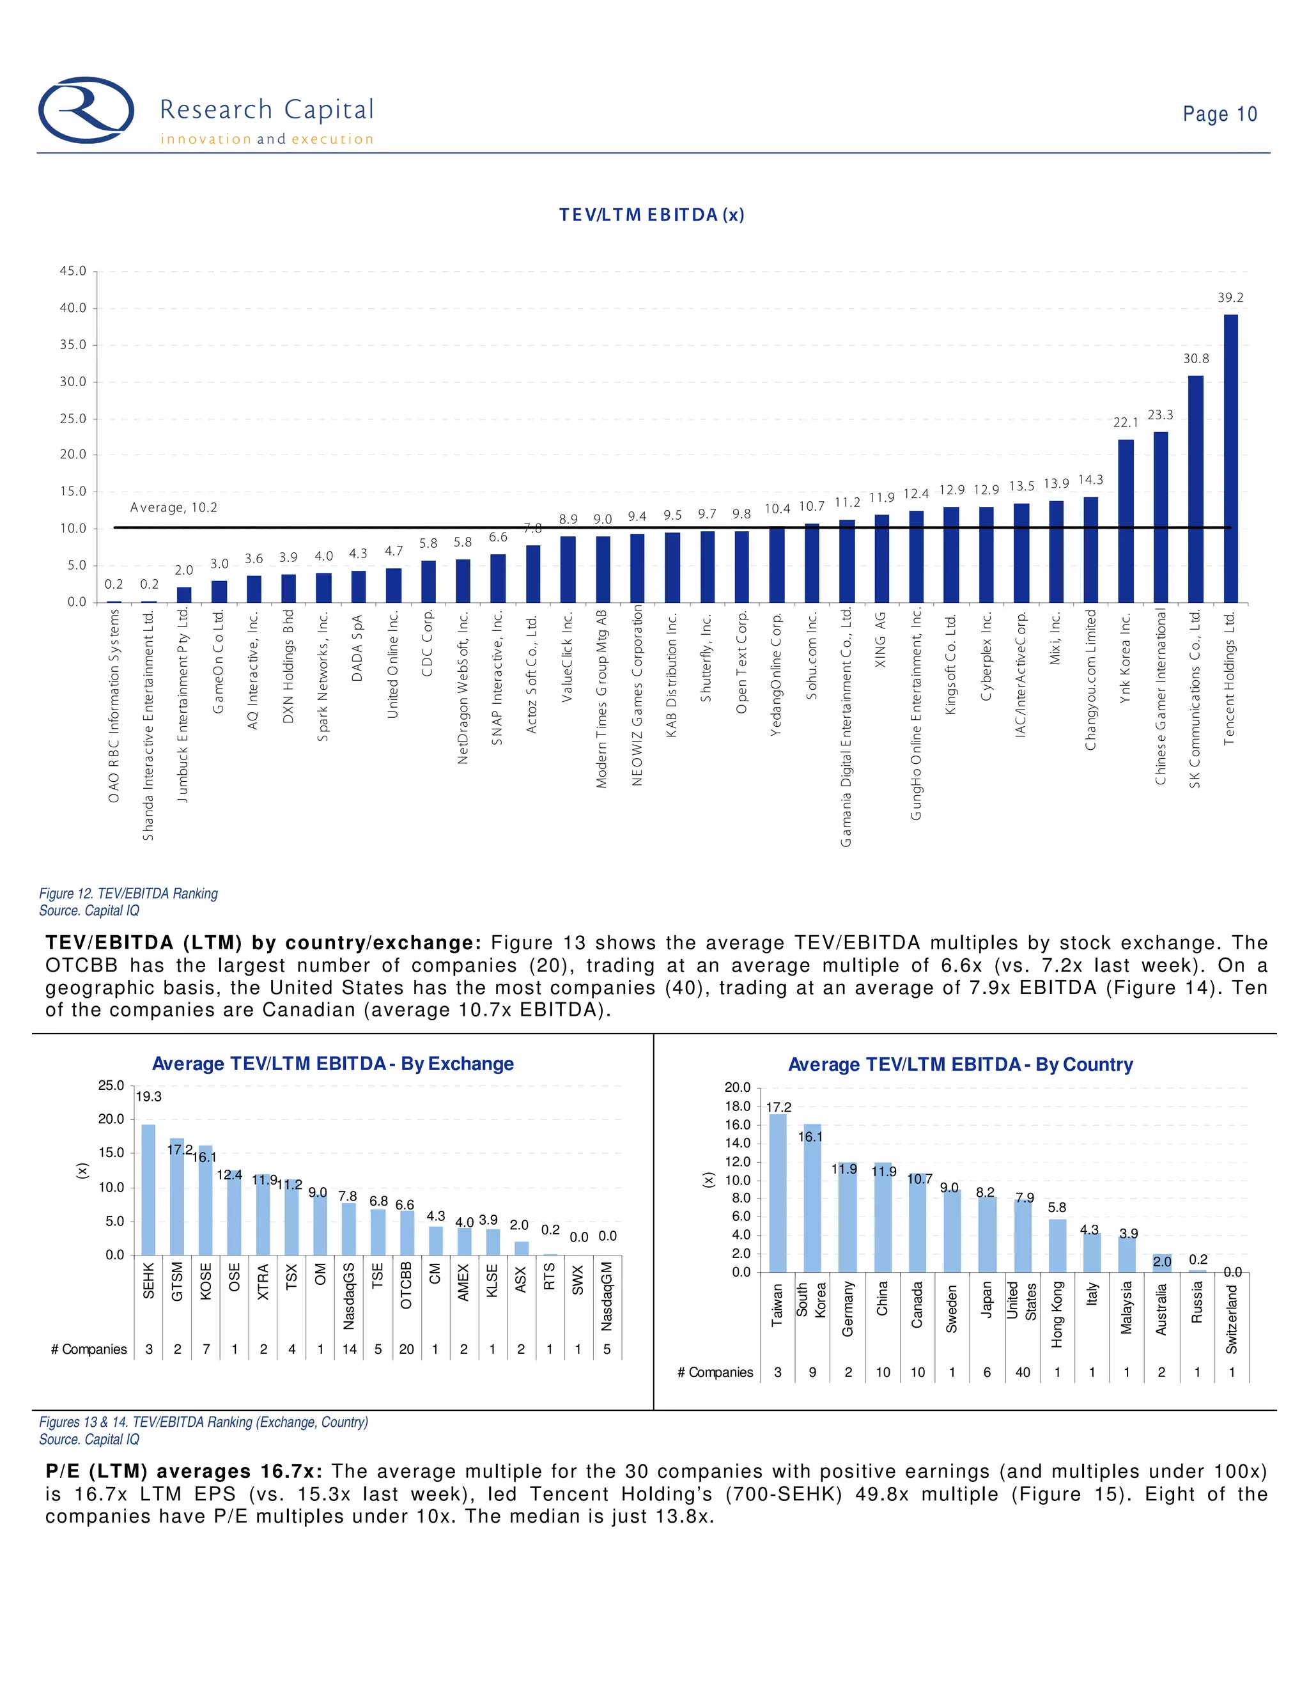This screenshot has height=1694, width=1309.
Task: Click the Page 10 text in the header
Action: tap(1219, 114)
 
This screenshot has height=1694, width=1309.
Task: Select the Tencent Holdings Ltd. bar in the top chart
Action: tap(1230, 458)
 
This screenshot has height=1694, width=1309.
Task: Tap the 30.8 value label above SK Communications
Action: tap(1195, 359)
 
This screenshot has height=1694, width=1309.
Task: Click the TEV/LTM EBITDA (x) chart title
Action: tap(651, 215)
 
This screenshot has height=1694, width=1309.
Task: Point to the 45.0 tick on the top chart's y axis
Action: tap(73, 270)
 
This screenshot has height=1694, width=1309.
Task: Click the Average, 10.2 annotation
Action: tap(174, 508)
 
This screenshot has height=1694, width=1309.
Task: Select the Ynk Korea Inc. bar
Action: tap(1125, 520)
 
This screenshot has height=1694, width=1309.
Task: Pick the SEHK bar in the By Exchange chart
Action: tap(148, 1189)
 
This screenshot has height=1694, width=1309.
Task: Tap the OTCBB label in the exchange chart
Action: tap(407, 1286)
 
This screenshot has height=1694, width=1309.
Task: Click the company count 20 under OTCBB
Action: tap(407, 1349)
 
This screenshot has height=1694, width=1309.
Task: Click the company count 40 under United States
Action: tap(1023, 1372)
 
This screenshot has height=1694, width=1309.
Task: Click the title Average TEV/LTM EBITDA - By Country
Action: tap(960, 1064)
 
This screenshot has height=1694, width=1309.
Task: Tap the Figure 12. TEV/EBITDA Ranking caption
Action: tap(128, 894)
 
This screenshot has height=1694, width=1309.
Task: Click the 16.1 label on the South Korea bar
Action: tap(810, 1137)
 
